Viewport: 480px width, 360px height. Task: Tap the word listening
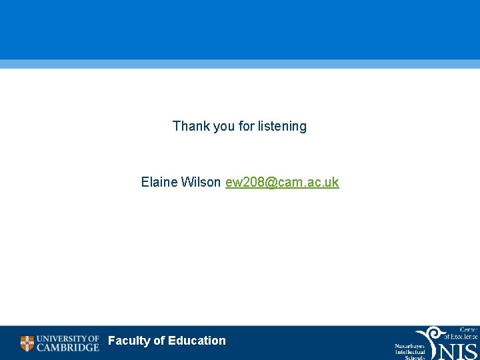(x=281, y=126)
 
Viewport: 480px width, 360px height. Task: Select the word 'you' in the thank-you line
(x=224, y=126)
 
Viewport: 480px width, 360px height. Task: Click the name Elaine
(x=159, y=182)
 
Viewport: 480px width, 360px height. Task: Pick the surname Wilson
(x=201, y=182)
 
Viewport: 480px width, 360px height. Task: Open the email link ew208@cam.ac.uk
(x=282, y=182)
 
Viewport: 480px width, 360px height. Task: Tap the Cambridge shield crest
(x=27, y=343)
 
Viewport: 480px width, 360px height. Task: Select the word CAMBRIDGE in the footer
(x=67, y=347)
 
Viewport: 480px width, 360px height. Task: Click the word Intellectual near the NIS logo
(x=410, y=353)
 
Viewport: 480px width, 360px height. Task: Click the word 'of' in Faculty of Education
(x=159, y=341)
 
